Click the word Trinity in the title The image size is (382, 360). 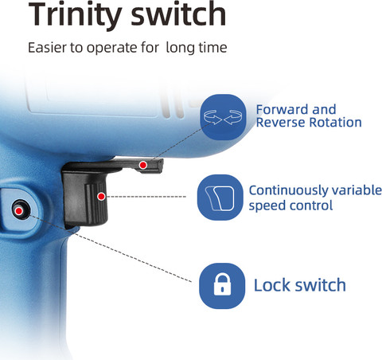click(75, 14)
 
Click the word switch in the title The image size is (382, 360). click(178, 14)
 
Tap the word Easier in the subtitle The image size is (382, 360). click(48, 48)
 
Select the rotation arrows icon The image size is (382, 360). click(223, 117)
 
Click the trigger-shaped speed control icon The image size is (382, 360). click(220, 198)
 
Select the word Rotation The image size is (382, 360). click(336, 123)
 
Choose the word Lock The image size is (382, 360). click(272, 285)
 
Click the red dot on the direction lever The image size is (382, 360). click(143, 165)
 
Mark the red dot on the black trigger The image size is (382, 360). click(101, 197)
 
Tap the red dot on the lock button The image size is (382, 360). click(18, 211)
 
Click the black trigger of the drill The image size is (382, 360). click(85, 198)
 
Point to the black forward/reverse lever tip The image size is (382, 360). click(159, 165)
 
